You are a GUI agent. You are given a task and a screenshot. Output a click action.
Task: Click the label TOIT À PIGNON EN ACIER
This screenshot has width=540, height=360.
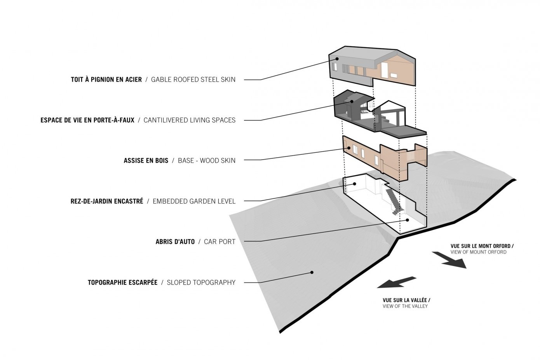[106, 80]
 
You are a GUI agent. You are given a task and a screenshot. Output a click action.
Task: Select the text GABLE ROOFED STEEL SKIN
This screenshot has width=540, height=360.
[193, 80]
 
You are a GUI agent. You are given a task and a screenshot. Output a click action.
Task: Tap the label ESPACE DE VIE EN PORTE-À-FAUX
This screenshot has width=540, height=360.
[87, 120]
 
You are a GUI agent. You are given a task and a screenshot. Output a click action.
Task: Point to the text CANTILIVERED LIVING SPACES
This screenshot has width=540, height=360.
[189, 120]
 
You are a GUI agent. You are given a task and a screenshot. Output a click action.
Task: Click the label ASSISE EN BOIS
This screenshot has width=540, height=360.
[146, 160]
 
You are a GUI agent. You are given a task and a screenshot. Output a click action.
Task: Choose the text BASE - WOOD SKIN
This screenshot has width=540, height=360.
[206, 160]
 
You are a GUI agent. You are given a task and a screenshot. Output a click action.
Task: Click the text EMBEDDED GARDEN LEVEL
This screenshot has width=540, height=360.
[194, 201]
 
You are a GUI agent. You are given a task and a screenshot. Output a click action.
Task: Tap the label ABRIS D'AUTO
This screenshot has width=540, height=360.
[175, 242]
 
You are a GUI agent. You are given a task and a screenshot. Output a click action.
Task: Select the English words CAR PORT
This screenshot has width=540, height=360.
[219, 242]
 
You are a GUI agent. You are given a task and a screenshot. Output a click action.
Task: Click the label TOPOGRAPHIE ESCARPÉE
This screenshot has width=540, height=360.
[122, 282]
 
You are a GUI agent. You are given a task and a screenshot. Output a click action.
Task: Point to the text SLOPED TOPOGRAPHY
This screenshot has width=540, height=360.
[201, 282]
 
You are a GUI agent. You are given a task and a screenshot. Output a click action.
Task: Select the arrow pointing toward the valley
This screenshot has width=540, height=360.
[396, 282]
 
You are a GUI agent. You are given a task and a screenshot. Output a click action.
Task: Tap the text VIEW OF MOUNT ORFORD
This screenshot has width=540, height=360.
[478, 252]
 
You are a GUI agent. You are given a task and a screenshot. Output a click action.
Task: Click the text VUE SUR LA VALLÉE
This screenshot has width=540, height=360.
[406, 300]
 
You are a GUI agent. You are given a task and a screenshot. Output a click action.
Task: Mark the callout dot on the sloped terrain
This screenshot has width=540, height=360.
[312, 273]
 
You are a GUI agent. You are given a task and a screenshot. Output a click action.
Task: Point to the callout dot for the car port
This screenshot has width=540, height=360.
[408, 220]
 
